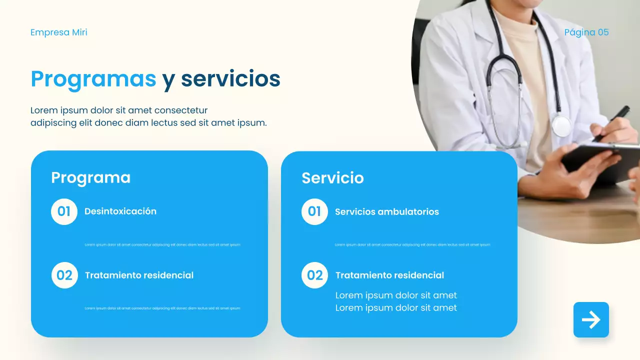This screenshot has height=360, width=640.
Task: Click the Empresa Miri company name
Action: (59, 32)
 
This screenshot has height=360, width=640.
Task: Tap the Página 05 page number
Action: (586, 32)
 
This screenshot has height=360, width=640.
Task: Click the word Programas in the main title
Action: (93, 79)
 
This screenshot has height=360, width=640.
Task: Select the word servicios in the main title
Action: (230, 79)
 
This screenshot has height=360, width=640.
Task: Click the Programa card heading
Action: (90, 177)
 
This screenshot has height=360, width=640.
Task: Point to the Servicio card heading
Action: (332, 178)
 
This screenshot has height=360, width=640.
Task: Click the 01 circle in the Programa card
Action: (64, 211)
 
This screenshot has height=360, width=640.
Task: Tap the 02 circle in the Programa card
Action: (64, 275)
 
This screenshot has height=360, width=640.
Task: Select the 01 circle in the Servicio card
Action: (314, 211)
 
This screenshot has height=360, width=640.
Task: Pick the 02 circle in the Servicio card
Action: (315, 275)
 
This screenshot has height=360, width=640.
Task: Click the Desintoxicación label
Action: (120, 211)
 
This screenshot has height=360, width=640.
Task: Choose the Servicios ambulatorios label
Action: (387, 212)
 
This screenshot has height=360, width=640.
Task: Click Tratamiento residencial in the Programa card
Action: (139, 275)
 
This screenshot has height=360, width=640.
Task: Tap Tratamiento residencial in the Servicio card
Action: (389, 275)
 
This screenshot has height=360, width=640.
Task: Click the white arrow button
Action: (591, 320)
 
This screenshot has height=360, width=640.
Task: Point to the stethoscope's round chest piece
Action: (561, 126)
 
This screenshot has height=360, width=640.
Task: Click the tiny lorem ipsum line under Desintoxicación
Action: (162, 245)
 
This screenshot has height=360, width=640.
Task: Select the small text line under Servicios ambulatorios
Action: (412, 245)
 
